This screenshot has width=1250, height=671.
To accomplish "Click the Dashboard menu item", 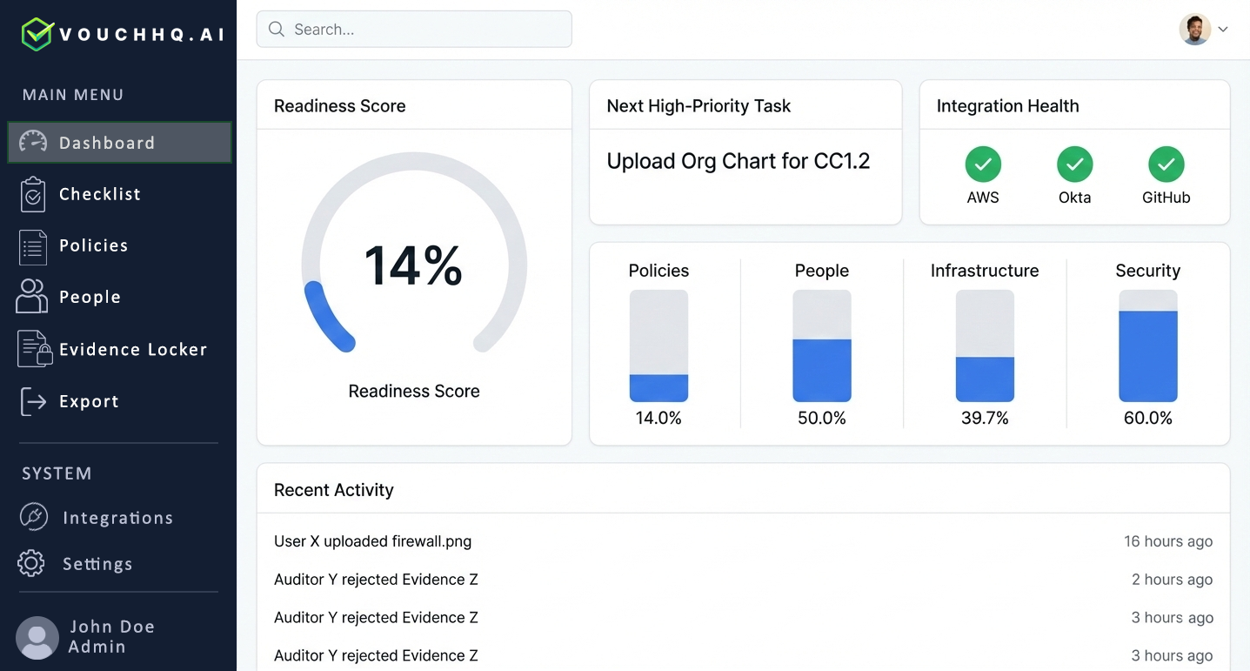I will tap(119, 143).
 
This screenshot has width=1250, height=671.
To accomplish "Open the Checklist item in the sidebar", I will tap(99, 194).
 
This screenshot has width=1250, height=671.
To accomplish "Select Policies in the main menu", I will tap(93, 245).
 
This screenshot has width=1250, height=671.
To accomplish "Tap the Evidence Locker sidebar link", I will tap(132, 349).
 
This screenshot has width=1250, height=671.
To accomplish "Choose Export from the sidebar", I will tap(88, 401).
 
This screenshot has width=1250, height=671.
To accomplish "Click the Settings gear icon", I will tap(31, 563).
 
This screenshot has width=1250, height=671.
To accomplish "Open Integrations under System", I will tap(117, 518).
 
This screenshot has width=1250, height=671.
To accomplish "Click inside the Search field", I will tap(414, 30).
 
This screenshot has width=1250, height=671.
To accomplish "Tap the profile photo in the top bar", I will tap(1194, 30).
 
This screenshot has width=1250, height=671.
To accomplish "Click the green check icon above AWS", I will tap(983, 164).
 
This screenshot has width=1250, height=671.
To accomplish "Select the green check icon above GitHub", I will tap(1166, 164).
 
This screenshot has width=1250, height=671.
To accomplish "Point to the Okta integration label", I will tap(1074, 198).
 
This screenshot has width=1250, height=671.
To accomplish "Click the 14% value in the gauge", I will tap(413, 266).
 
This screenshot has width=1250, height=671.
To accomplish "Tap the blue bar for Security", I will tap(1147, 356).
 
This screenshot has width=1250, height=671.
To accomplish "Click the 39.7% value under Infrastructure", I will tap(985, 418).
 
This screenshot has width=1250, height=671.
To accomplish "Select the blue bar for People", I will tap(821, 370).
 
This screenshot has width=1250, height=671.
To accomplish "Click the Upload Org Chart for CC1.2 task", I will tap(738, 161).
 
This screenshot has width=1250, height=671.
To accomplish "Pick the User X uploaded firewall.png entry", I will tap(372, 541).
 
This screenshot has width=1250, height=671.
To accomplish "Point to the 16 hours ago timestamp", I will tap(1167, 541).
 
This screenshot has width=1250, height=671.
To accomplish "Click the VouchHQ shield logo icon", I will tap(37, 34).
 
